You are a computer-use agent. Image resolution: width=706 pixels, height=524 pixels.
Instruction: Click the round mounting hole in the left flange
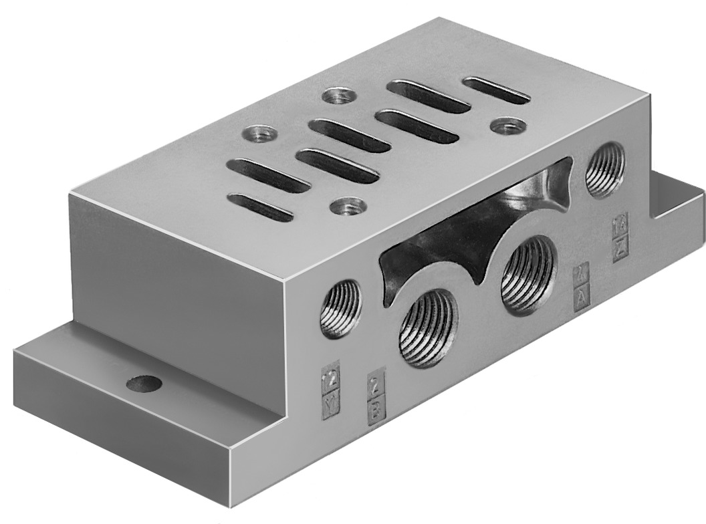point(144,384)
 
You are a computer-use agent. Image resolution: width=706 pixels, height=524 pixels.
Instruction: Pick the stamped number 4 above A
point(581,274)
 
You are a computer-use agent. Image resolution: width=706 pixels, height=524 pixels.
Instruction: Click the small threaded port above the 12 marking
point(340,308)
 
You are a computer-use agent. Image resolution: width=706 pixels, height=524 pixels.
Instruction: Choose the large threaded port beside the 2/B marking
point(428,327)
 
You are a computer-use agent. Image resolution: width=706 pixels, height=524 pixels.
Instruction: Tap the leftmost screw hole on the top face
point(259,134)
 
